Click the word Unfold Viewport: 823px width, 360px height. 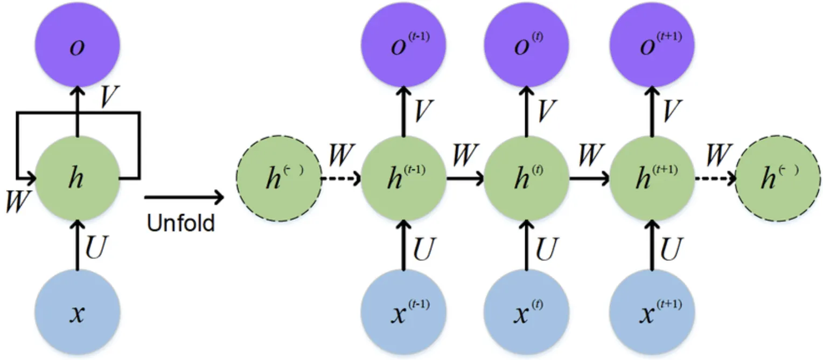tap(180, 223)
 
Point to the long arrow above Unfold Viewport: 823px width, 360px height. tap(184, 198)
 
